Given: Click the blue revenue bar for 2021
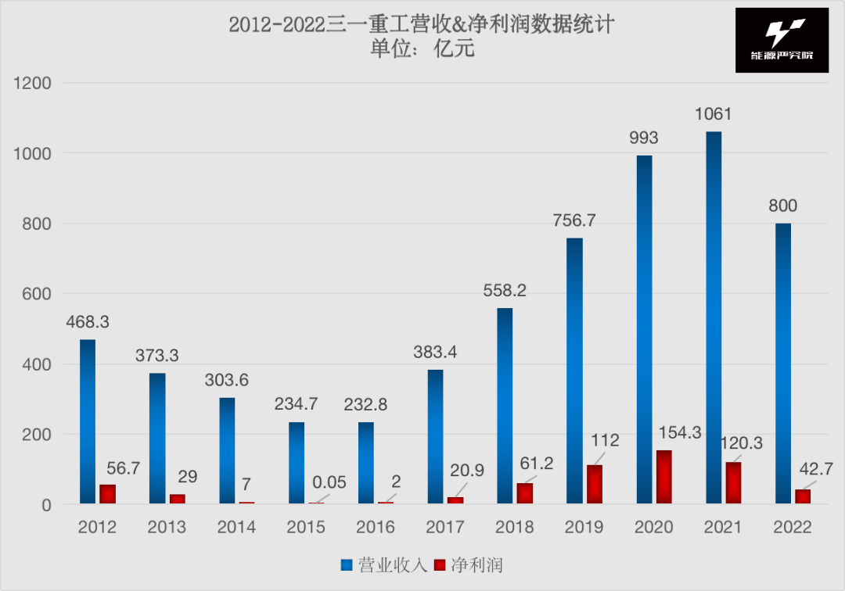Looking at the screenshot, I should click(714, 317).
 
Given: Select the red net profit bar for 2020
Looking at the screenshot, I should click(663, 477).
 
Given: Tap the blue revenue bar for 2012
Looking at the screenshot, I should click(88, 422).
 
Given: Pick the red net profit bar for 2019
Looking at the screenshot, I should click(595, 485).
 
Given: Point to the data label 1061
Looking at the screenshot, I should click(714, 114).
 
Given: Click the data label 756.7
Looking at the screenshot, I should click(574, 220).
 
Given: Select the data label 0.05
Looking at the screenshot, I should click(329, 482).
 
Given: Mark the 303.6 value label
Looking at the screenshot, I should click(227, 381).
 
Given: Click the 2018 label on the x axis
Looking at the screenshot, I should click(515, 527).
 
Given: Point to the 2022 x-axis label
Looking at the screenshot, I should click(793, 527).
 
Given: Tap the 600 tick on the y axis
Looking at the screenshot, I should click(38, 294).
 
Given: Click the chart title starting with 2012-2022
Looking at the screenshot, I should click(422, 25).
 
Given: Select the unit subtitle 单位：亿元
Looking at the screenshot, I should click(422, 49).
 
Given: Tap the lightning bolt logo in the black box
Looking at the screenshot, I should click(780, 34).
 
